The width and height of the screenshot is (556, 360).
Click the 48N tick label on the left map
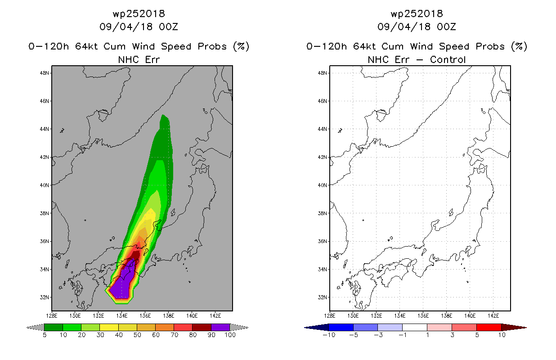(x=44, y=73)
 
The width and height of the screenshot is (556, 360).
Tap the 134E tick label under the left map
(x=121, y=316)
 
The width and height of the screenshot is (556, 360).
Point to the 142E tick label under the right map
(x=493, y=316)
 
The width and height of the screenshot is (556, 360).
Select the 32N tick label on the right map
(x=322, y=297)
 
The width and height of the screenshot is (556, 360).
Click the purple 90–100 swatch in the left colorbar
(x=220, y=327)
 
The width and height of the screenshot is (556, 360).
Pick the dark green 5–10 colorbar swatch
(x=54, y=327)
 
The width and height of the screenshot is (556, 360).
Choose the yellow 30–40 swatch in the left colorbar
(x=109, y=327)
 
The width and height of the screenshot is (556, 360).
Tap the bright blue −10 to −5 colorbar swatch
(x=341, y=327)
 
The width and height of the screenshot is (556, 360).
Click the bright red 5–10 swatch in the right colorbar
(x=489, y=327)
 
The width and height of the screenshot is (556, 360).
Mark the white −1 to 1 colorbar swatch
(x=415, y=327)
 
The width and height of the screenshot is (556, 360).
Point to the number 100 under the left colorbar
(x=230, y=335)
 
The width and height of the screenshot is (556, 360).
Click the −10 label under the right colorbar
(x=329, y=335)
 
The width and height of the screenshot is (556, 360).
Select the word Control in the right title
(x=448, y=59)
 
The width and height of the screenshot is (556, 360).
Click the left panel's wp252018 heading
(x=139, y=13)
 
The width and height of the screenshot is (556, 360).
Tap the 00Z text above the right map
(x=446, y=27)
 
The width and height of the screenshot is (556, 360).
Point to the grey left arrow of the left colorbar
(x=35, y=327)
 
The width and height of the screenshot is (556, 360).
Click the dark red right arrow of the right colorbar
(x=514, y=327)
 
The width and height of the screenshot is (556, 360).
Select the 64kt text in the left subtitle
(x=87, y=46)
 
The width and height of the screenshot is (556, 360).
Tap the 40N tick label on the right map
(x=322, y=185)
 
